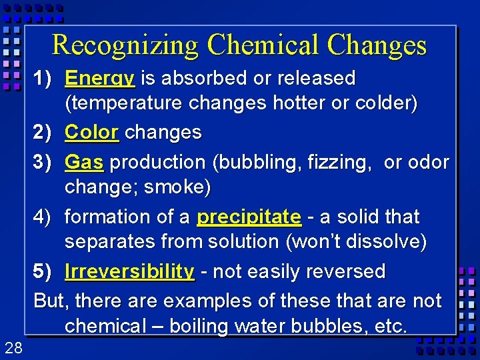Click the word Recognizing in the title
pyautogui.click(x=125, y=45)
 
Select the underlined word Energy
pyautogui.click(x=100, y=79)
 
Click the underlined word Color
pyautogui.click(x=92, y=132)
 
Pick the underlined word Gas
pyautogui.click(x=85, y=162)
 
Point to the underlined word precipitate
pyautogui.click(x=249, y=217)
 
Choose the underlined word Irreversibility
pyautogui.click(x=129, y=271)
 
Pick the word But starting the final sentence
pyautogui.click(x=50, y=301)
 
